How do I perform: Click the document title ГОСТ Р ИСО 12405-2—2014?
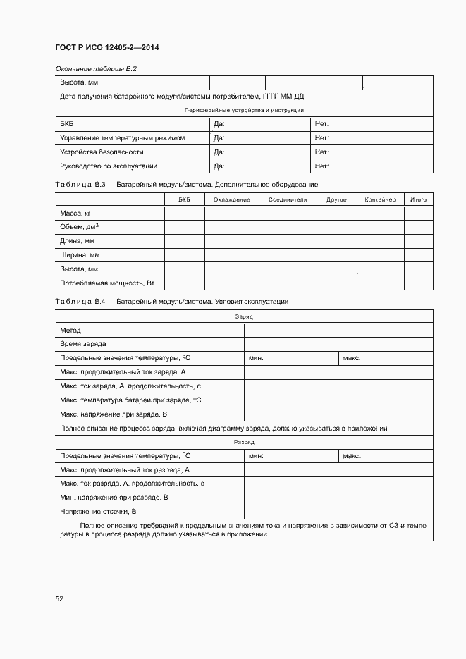[106, 48]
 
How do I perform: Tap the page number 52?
[59, 598]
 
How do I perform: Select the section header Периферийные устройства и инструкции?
[244, 111]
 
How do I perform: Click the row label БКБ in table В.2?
[67, 124]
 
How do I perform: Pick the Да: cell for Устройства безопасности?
[219, 152]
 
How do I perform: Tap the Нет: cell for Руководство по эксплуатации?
[322, 166]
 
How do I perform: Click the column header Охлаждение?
[231, 199]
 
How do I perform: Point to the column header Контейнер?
[381, 199]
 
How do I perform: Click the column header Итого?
[419, 199]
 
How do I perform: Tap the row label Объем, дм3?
[79, 227]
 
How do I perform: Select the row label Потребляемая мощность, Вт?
[106, 283]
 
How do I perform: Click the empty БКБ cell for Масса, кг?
[184, 213]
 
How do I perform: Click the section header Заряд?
[244, 316]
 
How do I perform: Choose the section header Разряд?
[244, 442]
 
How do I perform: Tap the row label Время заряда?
[83, 344]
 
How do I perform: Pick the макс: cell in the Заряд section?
[352, 358]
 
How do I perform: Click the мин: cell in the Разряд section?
[256, 456]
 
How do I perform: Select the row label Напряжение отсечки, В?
[98, 512]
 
